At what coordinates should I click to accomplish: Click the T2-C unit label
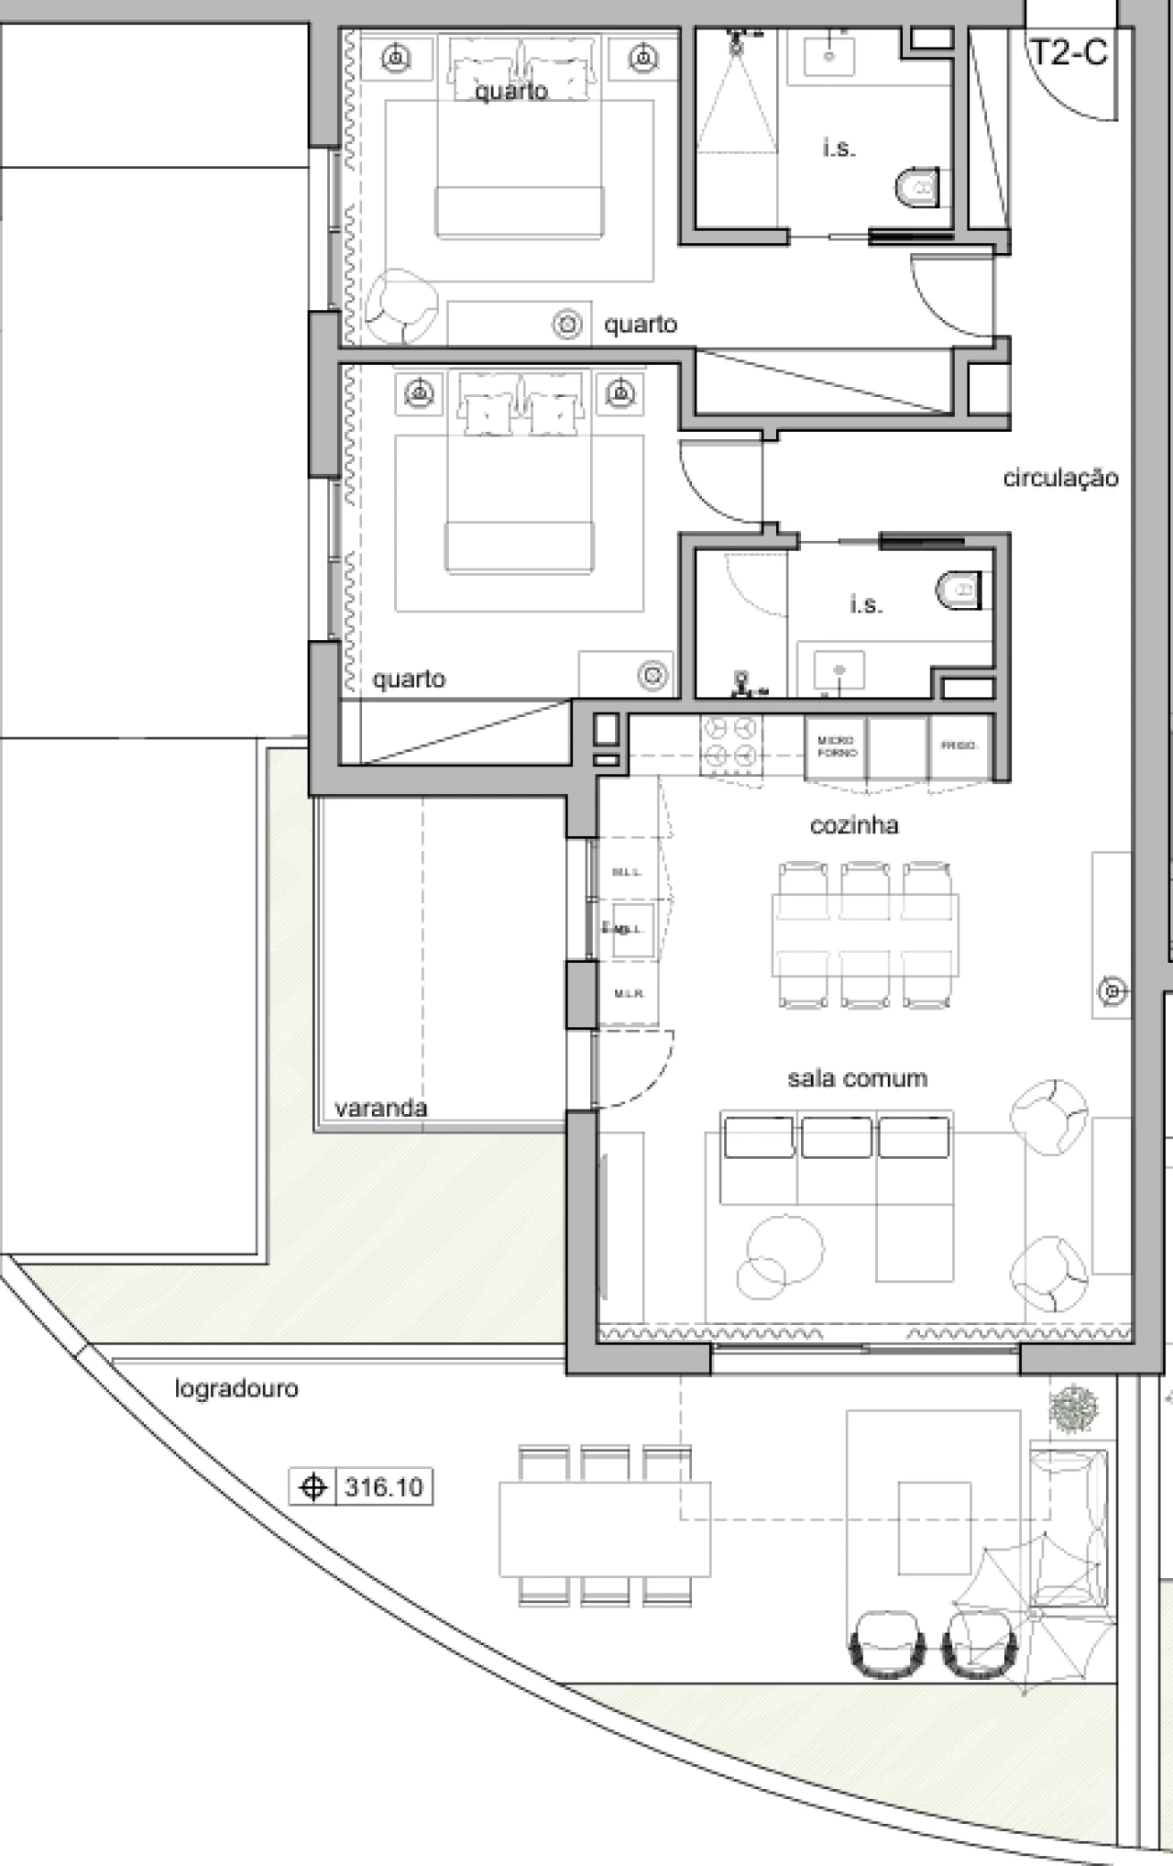coord(1069,52)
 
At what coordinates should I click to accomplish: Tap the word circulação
coord(1060,478)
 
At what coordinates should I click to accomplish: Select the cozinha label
coord(854,825)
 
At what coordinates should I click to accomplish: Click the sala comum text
coord(857,1078)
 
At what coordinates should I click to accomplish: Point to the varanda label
coord(380,1108)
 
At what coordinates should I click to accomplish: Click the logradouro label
coord(236,1388)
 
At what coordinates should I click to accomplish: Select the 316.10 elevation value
coord(383,1486)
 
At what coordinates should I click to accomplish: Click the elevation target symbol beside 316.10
coord(313,1486)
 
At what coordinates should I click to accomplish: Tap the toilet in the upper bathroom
coord(917,188)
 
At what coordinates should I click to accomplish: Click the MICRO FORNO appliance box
coord(836,746)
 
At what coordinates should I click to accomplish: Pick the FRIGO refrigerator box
coord(959,746)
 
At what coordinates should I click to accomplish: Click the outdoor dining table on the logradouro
coord(605,1528)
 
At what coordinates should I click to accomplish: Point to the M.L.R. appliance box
coord(629,993)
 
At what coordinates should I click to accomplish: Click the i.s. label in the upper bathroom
coord(839,148)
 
